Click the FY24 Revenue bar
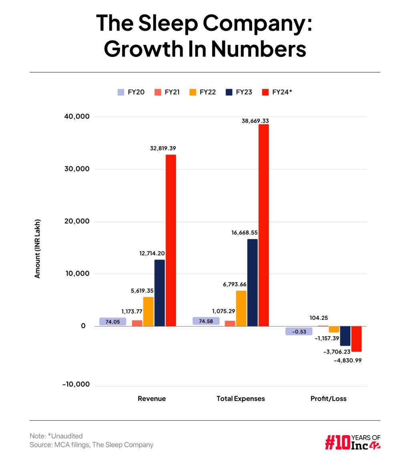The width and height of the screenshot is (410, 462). (171, 240)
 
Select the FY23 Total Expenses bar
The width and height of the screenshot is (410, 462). (252, 282)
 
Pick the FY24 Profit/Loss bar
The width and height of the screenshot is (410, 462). (356, 339)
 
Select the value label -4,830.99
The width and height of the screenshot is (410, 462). (348, 360)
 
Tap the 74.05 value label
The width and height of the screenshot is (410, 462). (113, 322)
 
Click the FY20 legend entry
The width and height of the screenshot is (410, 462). (131, 92)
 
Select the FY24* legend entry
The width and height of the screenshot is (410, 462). (277, 92)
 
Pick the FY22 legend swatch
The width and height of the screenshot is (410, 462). (193, 92)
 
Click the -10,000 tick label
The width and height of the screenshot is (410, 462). (76, 384)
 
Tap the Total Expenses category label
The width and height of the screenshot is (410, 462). (241, 398)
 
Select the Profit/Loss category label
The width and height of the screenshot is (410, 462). (328, 398)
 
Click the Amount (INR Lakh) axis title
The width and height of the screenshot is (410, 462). (38, 248)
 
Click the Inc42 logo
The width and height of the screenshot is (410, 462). (352, 442)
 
